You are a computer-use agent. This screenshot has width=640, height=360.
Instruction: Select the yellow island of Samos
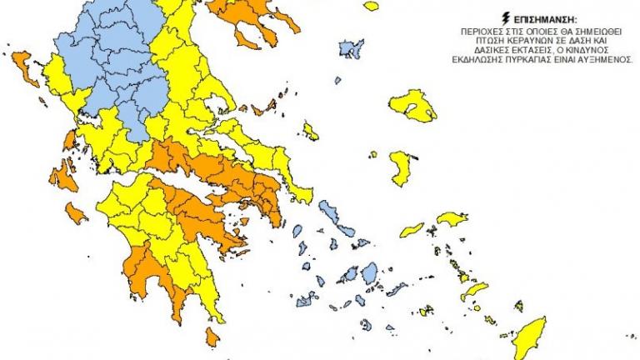tap(455, 219)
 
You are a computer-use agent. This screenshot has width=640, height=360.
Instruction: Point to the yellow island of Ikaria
tap(412, 229)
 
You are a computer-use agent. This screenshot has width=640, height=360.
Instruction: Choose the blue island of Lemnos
tap(351, 52)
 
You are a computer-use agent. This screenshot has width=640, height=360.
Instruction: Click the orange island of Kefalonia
tap(60, 177)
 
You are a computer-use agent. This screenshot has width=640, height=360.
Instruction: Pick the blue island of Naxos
tap(367, 274)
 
